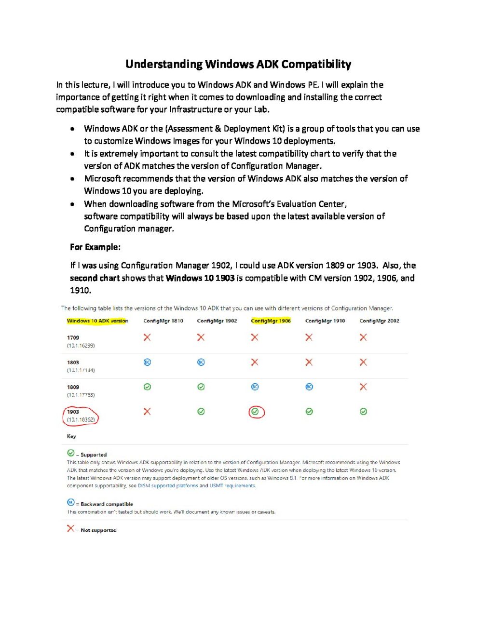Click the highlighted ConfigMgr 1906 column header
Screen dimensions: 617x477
pyautogui.click(x=271, y=321)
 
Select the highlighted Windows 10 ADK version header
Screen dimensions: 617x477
pyautogui.click(x=97, y=321)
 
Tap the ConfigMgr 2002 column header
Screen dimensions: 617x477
pyautogui.click(x=379, y=321)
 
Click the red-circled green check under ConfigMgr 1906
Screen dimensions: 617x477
pyautogui.click(x=255, y=412)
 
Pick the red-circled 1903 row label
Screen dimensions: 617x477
pyautogui.click(x=80, y=416)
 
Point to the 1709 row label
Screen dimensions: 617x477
pyautogui.click(x=73, y=338)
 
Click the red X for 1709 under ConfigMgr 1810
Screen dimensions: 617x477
pyautogui.click(x=147, y=337)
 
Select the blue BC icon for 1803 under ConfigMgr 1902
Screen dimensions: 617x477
pyautogui.click(x=201, y=362)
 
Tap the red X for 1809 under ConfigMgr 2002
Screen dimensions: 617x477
pyautogui.click(x=363, y=387)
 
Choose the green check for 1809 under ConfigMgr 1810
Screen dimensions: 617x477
pyautogui.click(x=147, y=387)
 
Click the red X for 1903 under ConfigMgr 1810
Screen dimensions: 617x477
pyautogui.click(x=147, y=411)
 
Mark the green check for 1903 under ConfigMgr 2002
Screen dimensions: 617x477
pyautogui.click(x=363, y=412)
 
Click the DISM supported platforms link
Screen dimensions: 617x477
pyautogui.click(x=168, y=486)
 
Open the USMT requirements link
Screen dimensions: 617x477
pyautogui.click(x=232, y=486)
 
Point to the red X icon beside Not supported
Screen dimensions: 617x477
pyautogui.click(x=70, y=529)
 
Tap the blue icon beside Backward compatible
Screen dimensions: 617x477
pyautogui.click(x=70, y=502)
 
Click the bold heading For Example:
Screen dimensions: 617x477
pyautogui.click(x=95, y=247)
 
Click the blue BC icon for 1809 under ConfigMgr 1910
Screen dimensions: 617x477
pyautogui.click(x=309, y=387)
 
